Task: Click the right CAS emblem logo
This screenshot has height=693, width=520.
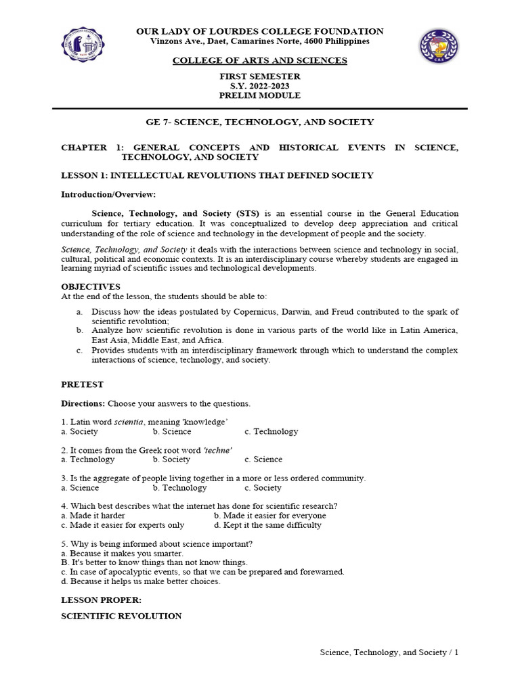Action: coord(438,46)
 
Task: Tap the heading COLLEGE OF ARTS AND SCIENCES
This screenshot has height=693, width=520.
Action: coord(260,60)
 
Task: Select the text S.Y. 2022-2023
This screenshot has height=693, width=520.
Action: coord(260,86)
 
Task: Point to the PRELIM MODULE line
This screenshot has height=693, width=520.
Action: coord(260,95)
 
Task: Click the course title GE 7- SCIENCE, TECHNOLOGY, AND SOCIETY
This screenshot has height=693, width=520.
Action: coord(260,122)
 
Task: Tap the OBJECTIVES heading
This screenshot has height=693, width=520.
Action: coord(91,287)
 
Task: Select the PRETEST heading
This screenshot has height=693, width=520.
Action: coord(83,384)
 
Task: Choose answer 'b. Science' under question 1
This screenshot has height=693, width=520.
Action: coord(172,431)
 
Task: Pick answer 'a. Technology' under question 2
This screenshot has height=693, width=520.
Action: coord(88,460)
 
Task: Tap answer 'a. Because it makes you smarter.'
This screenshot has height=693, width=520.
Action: coord(123,553)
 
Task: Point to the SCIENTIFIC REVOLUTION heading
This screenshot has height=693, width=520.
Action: coord(121,616)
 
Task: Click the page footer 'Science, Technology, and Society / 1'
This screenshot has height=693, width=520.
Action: coord(389,652)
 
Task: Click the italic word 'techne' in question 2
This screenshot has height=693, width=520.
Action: coord(218,450)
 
